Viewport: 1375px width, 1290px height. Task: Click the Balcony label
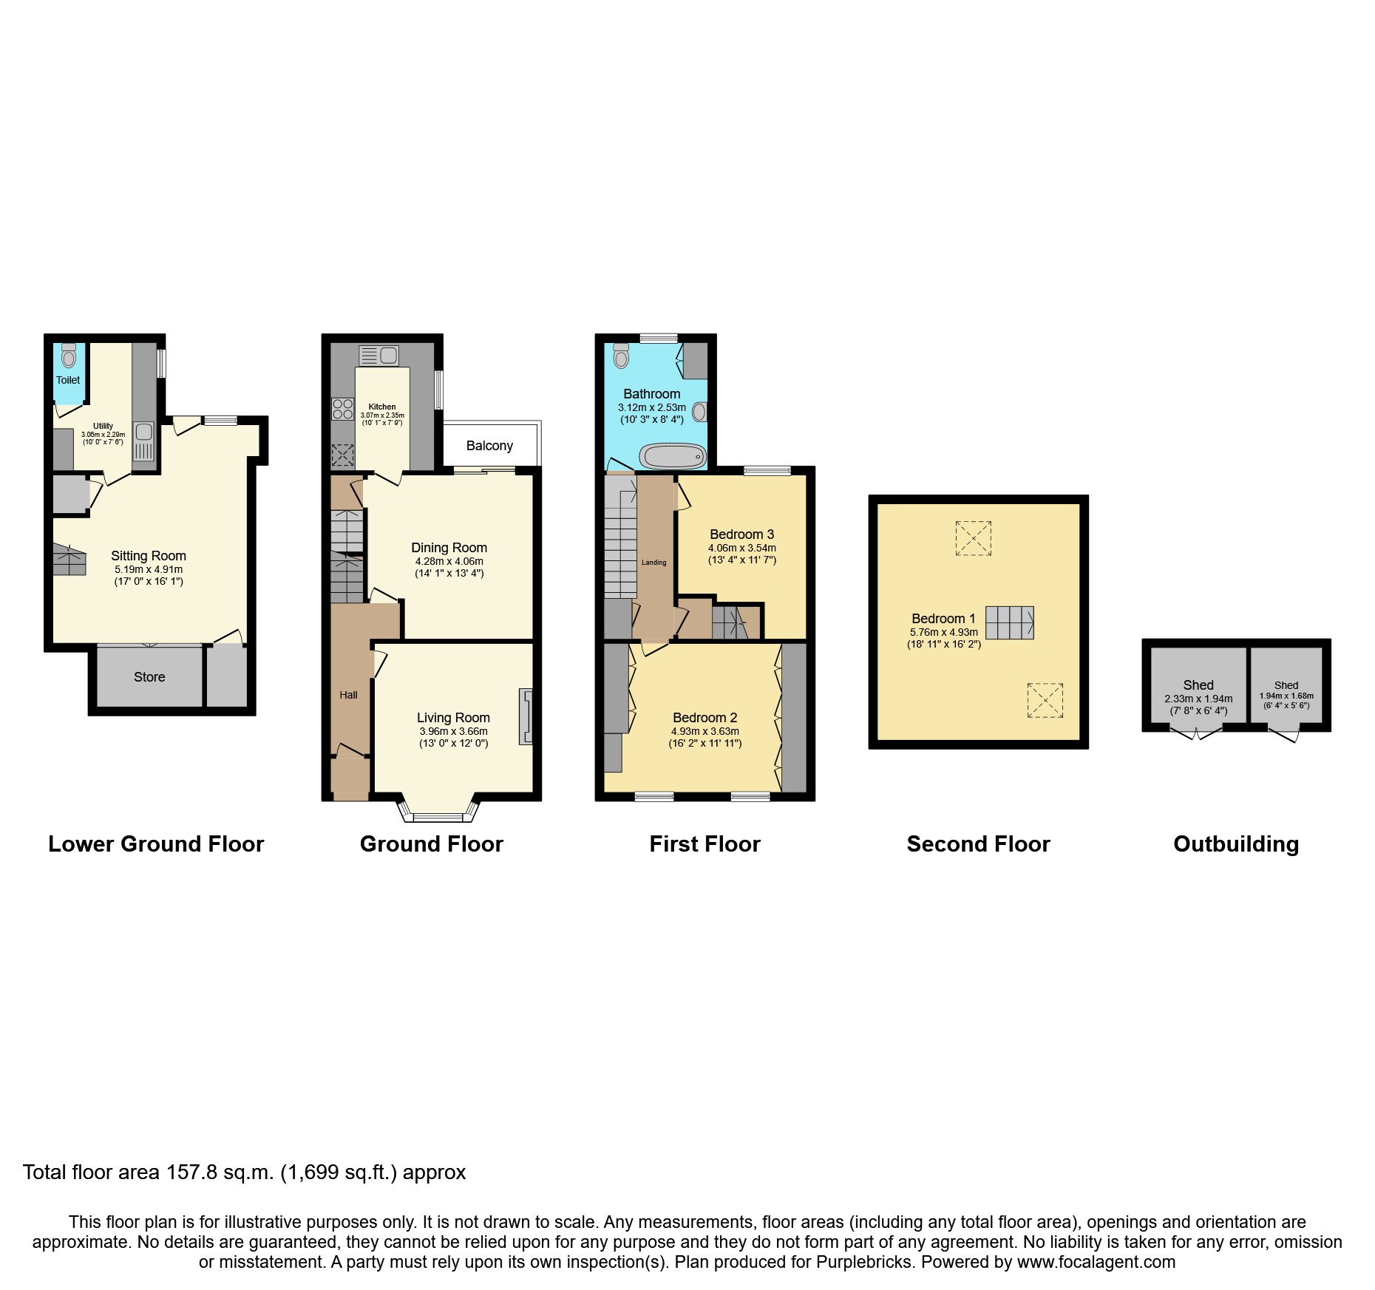(x=489, y=446)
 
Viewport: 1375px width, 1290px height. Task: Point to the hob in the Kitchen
(x=343, y=409)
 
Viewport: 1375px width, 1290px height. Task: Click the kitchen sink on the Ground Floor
(x=378, y=355)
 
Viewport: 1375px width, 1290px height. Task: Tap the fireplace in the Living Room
(x=526, y=716)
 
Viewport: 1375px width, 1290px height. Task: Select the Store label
(x=149, y=677)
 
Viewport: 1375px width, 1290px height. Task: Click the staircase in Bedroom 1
(x=1009, y=622)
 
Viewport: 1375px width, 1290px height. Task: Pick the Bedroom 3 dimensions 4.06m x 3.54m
(x=742, y=548)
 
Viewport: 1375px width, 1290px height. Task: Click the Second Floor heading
(x=978, y=844)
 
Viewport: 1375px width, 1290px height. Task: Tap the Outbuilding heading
(x=1236, y=844)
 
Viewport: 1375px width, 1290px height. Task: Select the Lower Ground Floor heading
(x=156, y=844)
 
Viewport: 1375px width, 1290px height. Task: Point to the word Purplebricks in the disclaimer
(x=864, y=1262)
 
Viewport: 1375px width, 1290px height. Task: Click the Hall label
(x=348, y=695)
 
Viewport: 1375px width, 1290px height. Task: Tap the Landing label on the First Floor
(x=653, y=563)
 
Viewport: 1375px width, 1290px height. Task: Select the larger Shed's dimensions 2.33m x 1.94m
(x=1198, y=699)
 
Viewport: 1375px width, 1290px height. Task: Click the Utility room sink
(x=144, y=441)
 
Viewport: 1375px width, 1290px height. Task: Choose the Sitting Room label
(x=149, y=556)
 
